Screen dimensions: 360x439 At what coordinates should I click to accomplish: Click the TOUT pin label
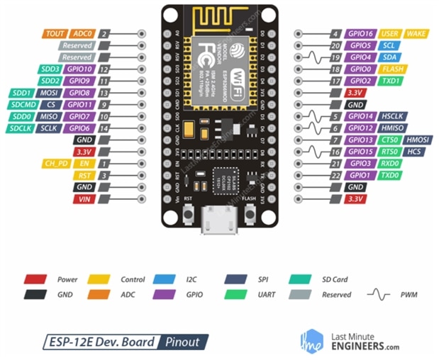55,33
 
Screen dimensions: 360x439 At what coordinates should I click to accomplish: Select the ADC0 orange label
82,33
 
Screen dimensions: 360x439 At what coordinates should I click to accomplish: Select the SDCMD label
21,104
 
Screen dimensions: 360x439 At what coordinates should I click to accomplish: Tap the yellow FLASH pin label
391,69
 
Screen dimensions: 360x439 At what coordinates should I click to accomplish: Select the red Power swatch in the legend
35,279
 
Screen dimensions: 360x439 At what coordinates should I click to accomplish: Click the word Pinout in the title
182,341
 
